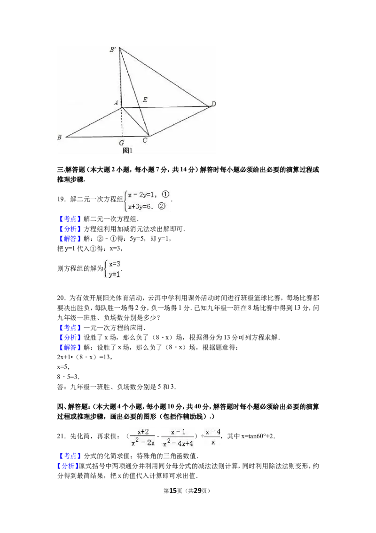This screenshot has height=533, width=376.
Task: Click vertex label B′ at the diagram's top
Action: [113, 49]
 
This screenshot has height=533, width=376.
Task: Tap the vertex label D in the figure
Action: [213, 104]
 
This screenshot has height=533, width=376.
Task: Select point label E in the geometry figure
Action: [145, 100]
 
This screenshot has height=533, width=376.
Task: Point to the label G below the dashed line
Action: [121, 143]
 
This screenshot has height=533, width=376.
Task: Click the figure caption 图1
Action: [127, 150]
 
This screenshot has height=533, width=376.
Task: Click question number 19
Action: [61, 199]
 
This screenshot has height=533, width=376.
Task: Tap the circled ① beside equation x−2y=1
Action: [165, 194]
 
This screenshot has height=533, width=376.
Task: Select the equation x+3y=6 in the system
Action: [139, 206]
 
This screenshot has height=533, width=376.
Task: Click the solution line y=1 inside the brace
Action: [114, 274]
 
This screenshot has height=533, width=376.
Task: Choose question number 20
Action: [61, 298]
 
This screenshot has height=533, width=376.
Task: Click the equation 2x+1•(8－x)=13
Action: [85, 357]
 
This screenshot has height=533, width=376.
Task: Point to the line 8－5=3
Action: [68, 377]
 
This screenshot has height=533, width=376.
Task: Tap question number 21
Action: [61, 436]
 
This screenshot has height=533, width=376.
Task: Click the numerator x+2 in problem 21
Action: [143, 432]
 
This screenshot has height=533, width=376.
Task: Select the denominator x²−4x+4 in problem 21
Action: [178, 443]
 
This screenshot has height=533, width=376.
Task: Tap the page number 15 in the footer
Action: [173, 491]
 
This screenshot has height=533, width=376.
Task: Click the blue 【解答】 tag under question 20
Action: [70, 347]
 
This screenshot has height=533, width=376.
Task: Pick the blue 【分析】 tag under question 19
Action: [70, 229]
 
